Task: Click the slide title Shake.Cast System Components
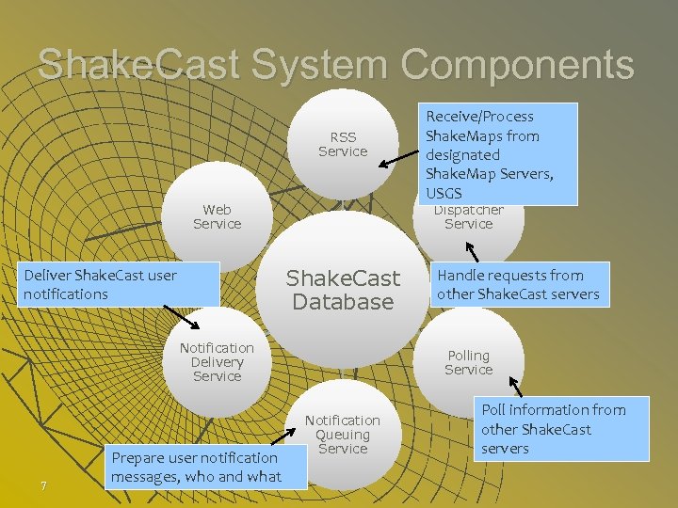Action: point(336,64)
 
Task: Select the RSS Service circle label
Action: point(343,144)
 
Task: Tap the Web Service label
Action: point(218,216)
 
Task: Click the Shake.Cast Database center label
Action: point(343,290)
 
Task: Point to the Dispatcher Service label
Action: point(468,217)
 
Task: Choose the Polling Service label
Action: point(468,362)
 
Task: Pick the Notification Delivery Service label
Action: point(217,362)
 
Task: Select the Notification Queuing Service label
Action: point(343,435)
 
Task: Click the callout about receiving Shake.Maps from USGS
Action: point(498,153)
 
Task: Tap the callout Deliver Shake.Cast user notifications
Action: point(120,284)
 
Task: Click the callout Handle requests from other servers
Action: point(519,284)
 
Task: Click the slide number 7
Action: point(43,485)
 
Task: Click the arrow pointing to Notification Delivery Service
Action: point(180,316)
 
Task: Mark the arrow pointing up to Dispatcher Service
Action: point(474,251)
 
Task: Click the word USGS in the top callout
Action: point(444,193)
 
